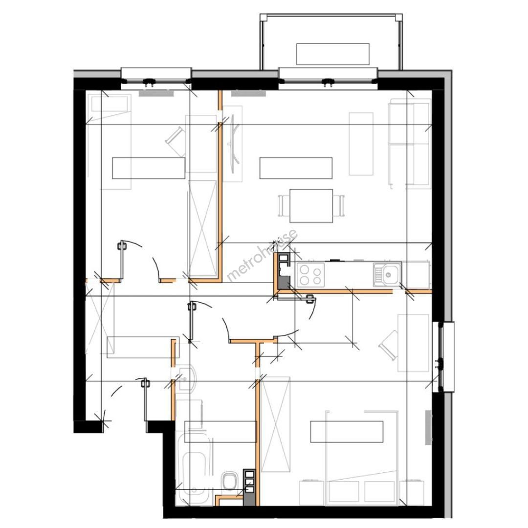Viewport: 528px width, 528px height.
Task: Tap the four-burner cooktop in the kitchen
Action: pos(310,274)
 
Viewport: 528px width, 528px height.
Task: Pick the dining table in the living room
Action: pos(311,206)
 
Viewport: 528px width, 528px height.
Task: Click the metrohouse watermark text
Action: pos(262,255)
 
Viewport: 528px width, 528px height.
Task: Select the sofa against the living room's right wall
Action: pos(410,144)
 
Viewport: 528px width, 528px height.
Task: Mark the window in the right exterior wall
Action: pos(443,357)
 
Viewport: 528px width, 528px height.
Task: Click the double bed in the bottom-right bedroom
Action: pos(362,458)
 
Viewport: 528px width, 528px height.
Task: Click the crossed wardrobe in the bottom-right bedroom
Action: pos(276,425)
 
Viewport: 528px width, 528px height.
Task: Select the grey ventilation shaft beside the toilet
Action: pos(249,487)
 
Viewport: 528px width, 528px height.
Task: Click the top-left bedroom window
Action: pos(156,79)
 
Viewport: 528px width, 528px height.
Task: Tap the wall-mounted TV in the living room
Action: pos(234,144)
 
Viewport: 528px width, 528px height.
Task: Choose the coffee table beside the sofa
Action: pos(361,144)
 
